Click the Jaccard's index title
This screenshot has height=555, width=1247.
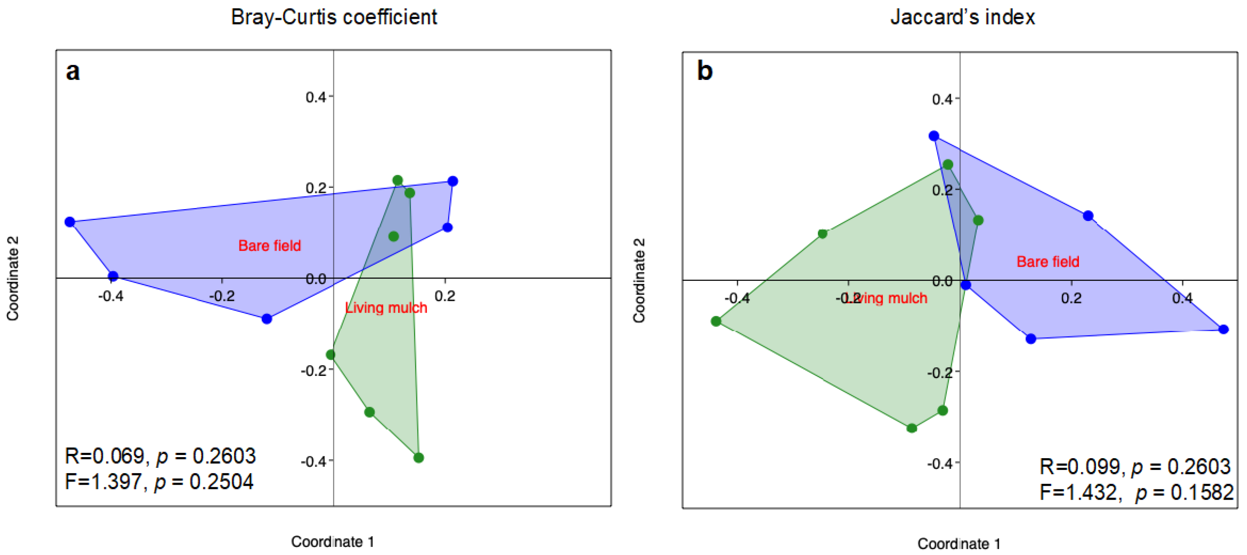(962, 17)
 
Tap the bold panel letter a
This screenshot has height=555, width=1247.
(73, 72)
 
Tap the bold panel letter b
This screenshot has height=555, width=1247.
(704, 71)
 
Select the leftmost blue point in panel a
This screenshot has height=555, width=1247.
(70, 222)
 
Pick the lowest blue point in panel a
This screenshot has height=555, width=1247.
(267, 319)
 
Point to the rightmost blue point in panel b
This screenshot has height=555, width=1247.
(1223, 329)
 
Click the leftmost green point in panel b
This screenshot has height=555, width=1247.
(716, 321)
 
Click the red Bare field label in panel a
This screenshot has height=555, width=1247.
(270, 246)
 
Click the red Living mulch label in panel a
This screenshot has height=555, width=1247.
(386, 308)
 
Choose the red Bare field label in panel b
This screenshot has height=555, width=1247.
(1048, 262)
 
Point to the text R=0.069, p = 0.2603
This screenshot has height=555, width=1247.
(160, 456)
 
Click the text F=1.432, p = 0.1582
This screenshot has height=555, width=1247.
(1136, 493)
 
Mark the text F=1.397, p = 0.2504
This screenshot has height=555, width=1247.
(159, 482)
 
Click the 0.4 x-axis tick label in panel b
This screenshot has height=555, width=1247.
(1182, 298)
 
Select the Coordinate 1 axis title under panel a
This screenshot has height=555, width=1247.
(333, 542)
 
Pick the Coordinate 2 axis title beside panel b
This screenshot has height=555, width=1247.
(639, 280)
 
